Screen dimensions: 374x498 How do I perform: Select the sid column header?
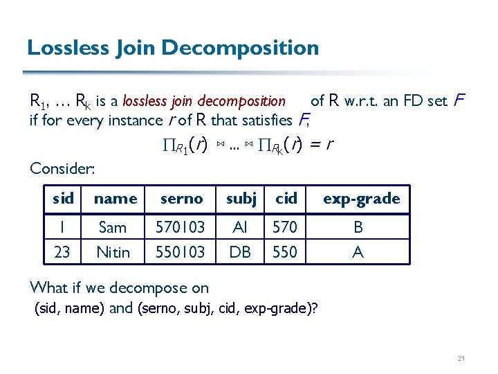(x=63, y=199)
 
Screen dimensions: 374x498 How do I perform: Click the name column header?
(x=115, y=199)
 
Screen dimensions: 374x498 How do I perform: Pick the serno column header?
(x=181, y=199)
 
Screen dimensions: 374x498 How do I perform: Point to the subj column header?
(x=241, y=199)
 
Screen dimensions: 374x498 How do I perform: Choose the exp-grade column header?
(x=361, y=199)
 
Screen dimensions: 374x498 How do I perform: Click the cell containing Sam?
(x=113, y=227)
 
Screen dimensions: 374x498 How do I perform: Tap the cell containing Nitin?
(x=113, y=252)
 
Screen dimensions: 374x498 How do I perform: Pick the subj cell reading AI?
(x=240, y=227)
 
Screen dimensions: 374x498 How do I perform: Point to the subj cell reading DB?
(x=240, y=252)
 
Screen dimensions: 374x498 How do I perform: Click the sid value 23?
(x=62, y=252)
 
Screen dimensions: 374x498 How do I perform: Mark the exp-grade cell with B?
(x=358, y=227)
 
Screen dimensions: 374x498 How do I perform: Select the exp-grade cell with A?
(x=358, y=252)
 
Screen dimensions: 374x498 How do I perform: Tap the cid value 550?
(x=285, y=252)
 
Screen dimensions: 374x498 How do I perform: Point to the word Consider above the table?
(x=62, y=168)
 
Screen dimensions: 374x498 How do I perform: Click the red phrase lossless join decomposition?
(x=203, y=101)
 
